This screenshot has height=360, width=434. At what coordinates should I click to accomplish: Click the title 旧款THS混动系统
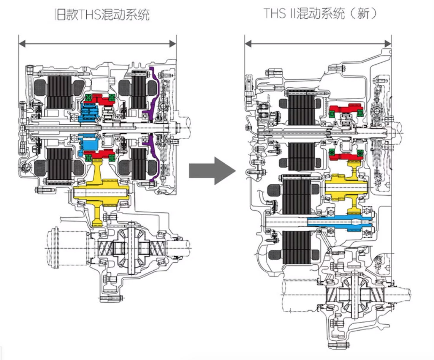coord(102,14)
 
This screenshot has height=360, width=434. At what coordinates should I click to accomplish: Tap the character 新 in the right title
coord(363,13)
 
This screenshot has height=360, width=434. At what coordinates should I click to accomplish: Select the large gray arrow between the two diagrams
coord(212,171)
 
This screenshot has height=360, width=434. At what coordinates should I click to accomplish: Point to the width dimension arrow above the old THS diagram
coord(97,44)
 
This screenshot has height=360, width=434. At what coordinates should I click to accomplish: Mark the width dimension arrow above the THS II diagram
coord(318,44)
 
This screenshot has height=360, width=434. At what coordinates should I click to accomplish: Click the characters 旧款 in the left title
coord(67,14)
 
